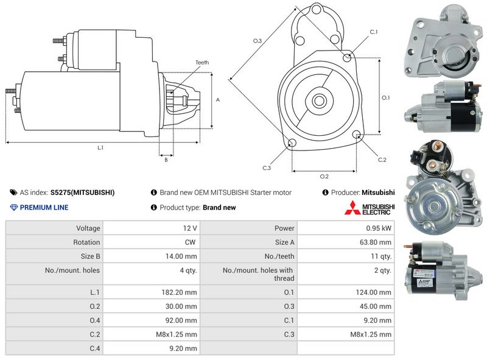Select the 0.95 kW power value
coord(380,228)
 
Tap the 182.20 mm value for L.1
coord(181,292)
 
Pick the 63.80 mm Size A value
coord(377,242)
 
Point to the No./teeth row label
coord(279,256)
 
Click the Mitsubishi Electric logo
coord(370,208)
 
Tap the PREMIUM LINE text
coord(44,208)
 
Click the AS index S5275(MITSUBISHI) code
coord(82,192)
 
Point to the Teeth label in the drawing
coord(202,63)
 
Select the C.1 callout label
coord(373,32)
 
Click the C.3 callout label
coord(267,168)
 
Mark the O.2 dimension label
coord(324,177)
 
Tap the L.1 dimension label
coord(100,147)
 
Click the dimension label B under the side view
coord(166,160)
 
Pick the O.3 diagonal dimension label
coord(258,41)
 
